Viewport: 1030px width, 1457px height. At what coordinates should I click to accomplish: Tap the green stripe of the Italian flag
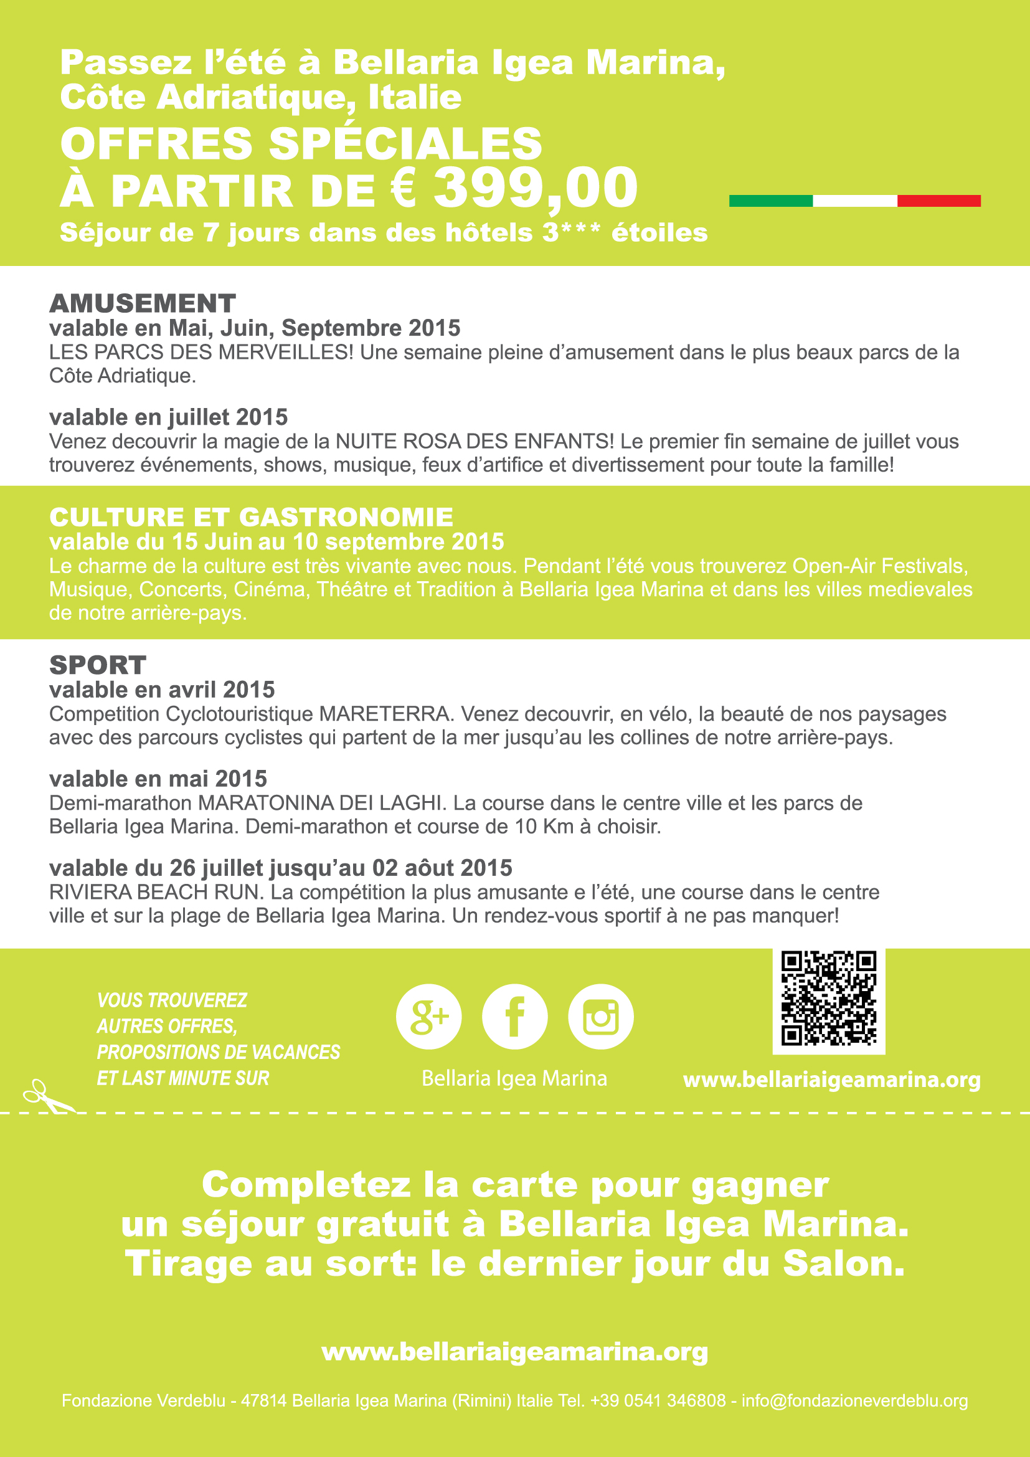(x=770, y=201)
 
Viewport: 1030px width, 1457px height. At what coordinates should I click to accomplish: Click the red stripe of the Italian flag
(x=938, y=201)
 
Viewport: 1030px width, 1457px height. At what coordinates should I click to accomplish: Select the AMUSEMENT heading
(x=143, y=303)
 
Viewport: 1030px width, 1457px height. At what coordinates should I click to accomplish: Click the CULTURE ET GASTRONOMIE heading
(x=251, y=517)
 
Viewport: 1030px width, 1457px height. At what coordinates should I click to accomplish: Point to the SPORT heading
(x=98, y=665)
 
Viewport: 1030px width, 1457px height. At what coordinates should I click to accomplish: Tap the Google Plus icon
(x=428, y=1017)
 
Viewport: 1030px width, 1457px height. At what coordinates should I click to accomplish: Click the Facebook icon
(x=514, y=1017)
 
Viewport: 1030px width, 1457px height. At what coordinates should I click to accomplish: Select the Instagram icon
(x=600, y=1017)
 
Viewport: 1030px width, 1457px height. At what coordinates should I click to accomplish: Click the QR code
(x=828, y=998)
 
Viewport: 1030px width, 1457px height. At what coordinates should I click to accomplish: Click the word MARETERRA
(x=384, y=714)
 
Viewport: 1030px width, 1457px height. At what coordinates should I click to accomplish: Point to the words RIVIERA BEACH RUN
(x=156, y=892)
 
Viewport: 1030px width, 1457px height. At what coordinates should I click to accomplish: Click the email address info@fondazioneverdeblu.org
(x=854, y=1400)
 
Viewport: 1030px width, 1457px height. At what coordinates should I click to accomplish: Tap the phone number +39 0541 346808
(x=658, y=1400)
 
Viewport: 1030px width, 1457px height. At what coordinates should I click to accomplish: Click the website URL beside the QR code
(x=831, y=1080)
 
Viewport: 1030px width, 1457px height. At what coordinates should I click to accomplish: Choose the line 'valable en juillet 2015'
(x=169, y=417)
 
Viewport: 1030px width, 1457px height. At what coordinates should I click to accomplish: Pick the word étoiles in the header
(x=659, y=232)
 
